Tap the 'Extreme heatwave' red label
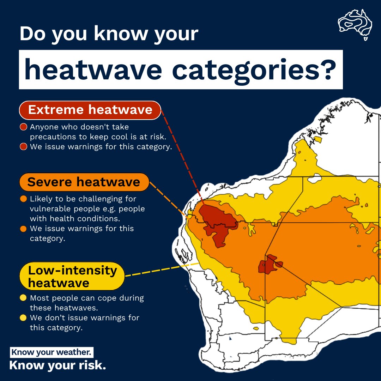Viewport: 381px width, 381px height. tap(90, 110)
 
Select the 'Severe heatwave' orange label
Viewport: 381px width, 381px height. tap(84, 182)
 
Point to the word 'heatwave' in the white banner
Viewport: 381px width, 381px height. tap(93, 69)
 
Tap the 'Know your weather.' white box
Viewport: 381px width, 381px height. tap(52, 352)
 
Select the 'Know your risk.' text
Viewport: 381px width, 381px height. tap(58, 365)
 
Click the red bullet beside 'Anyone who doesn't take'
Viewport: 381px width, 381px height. tap(24, 127)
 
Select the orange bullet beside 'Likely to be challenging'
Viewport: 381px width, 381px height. tap(24, 199)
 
